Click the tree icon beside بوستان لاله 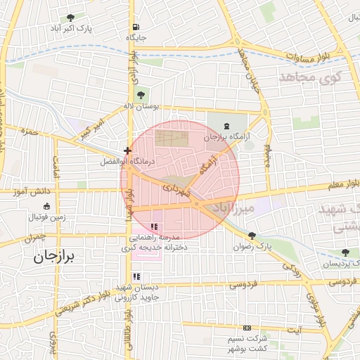coord(141,94)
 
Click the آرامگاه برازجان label coord(226,138)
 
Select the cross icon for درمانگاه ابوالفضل coord(127,150)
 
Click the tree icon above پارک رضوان coord(252,236)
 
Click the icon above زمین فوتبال coord(46,206)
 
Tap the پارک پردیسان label coord(337,264)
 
